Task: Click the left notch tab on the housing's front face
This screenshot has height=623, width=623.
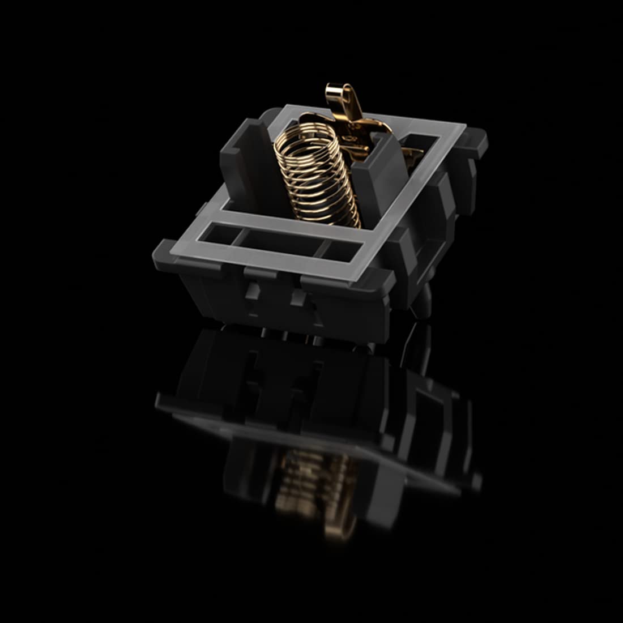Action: [254, 292]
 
